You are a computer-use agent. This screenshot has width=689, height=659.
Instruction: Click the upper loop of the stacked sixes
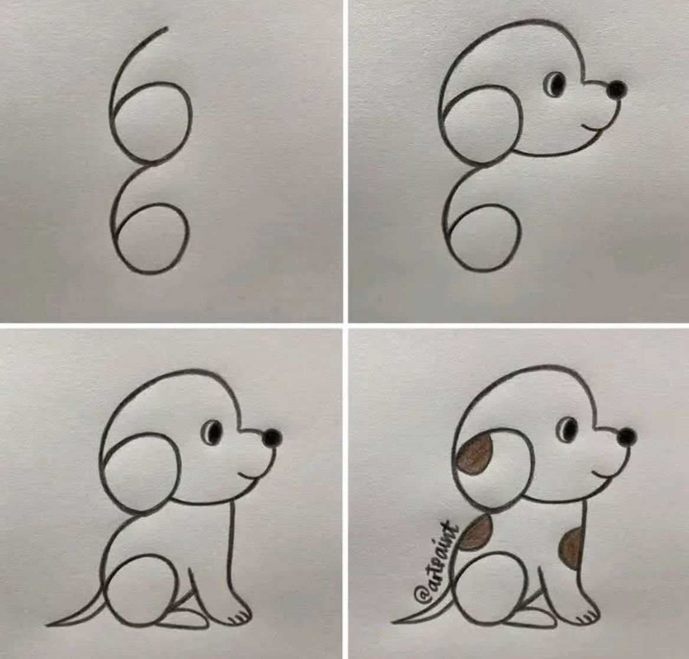click(x=152, y=122)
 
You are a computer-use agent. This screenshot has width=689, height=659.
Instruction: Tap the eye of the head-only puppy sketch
click(x=556, y=84)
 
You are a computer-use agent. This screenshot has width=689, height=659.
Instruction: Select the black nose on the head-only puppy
click(x=616, y=90)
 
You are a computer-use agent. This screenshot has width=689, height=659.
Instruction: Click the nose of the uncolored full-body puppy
click(x=271, y=438)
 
